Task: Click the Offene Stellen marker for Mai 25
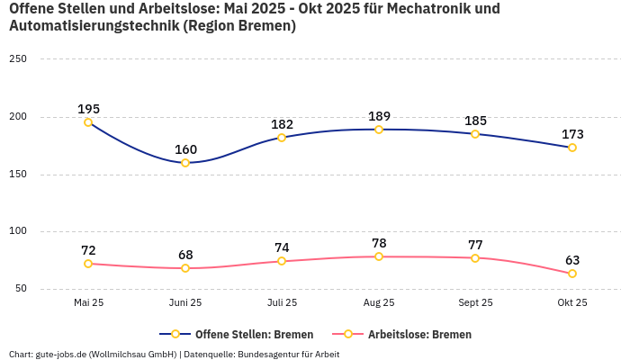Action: pos(88,122)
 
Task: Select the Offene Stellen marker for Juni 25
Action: pos(185,163)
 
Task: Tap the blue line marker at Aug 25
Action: pos(379,130)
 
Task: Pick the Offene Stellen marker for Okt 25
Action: pos(572,148)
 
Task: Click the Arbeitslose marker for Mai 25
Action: pos(88,264)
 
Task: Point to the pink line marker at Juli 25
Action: pos(282,261)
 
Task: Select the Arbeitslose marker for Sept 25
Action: pos(475,258)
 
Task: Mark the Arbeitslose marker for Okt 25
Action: pos(572,274)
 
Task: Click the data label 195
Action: pos(88,109)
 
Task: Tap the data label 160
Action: pos(185,149)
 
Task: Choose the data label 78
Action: pos(379,243)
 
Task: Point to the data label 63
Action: pos(572,260)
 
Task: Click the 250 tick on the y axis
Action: pos(18,58)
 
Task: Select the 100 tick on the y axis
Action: pos(18,231)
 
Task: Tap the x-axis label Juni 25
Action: pos(185,302)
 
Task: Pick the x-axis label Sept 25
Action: pos(475,302)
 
